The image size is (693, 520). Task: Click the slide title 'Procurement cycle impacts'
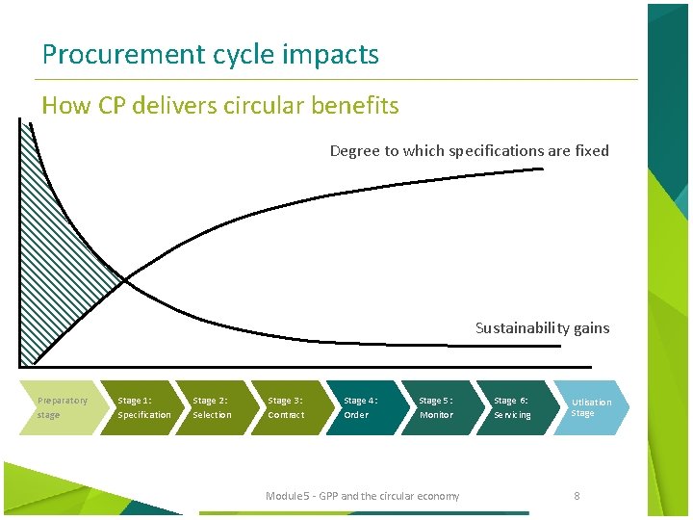click(210, 55)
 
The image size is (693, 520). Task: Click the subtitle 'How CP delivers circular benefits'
click(220, 106)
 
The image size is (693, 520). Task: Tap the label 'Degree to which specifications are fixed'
click(469, 150)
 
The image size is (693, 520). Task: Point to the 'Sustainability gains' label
click(542, 327)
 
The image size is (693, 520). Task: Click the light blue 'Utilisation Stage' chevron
click(590, 407)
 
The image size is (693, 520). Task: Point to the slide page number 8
click(577, 496)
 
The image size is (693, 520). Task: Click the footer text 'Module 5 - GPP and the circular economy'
click(362, 496)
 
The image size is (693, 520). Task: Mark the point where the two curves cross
click(124, 280)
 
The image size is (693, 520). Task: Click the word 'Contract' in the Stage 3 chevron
click(286, 415)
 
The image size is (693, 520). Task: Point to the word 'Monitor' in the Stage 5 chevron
click(436, 415)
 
